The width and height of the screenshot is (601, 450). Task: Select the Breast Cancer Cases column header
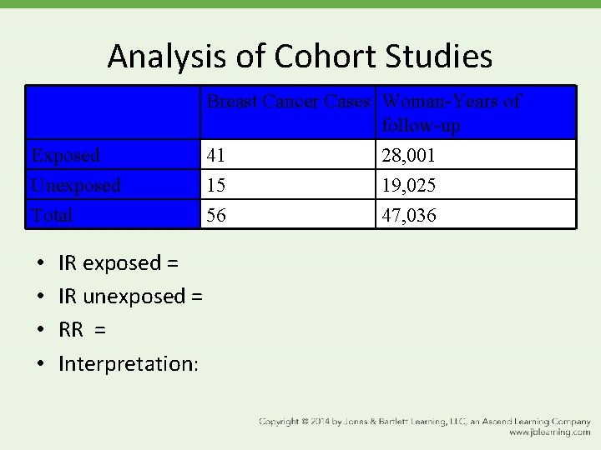pos(288,102)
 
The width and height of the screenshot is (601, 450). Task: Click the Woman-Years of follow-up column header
pos(451,113)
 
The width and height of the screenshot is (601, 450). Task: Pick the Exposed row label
pos(65,155)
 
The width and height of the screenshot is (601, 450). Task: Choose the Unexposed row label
pos(76,185)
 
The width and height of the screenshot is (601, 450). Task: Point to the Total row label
pos(52,215)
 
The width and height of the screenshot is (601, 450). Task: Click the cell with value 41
pos(216,155)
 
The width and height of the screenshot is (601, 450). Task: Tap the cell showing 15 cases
pos(216,185)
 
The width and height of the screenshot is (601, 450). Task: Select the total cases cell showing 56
pos(216,215)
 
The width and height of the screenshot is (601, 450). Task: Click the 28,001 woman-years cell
pos(408,155)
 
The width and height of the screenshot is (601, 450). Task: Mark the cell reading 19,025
pos(408,185)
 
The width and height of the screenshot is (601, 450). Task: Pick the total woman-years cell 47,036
pos(408,215)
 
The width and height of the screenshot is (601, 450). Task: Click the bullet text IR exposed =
pos(119,263)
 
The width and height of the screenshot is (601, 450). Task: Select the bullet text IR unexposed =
pos(131,297)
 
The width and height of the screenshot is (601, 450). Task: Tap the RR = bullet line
pos(82,330)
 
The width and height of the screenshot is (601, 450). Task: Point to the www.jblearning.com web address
pos(549,432)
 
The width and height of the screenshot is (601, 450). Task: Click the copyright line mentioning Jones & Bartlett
pos(424,422)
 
